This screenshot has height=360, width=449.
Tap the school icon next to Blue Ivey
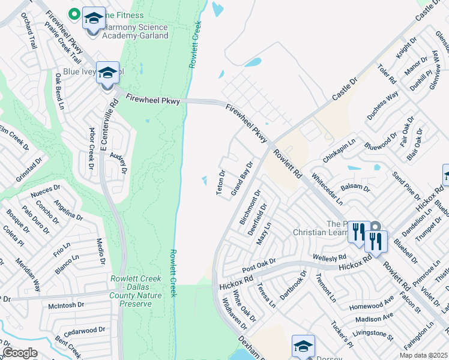(107, 74)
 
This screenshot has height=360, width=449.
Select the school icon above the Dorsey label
(303, 346)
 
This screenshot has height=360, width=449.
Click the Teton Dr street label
(221, 182)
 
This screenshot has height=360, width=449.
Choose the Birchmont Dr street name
(250, 208)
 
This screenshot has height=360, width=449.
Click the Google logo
(20, 353)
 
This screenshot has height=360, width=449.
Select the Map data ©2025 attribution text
(423, 355)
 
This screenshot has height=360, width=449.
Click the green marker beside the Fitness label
(75, 12)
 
